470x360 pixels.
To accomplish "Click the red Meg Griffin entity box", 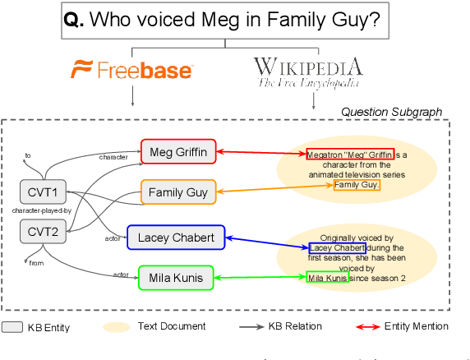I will coord(177,151).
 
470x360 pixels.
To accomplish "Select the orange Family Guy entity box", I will coord(177,193).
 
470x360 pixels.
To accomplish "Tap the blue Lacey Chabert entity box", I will coord(176,238).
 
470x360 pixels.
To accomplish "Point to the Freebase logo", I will coord(131,70).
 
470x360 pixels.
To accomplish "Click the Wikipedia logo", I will coord(307,72).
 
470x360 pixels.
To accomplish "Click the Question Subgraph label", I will coord(391,112).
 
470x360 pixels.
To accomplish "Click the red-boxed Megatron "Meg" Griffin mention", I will coord(350,154).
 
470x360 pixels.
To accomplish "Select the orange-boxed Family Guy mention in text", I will coord(356,185).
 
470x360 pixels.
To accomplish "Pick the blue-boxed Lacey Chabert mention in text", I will coord(337,247).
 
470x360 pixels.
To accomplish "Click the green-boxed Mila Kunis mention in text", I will coord(327,278).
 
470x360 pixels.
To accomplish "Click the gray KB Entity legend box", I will coord(11,327).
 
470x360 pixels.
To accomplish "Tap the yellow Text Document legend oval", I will coord(116,327).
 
